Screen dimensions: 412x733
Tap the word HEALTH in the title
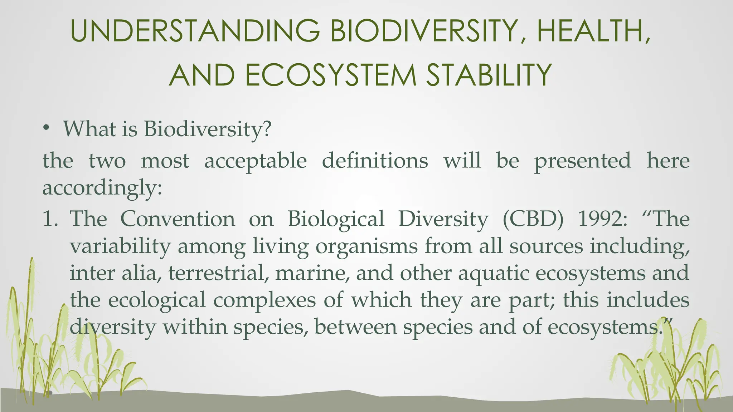point(592,31)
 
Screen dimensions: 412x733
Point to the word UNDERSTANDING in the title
point(195,31)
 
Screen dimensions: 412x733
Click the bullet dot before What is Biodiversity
point(46,129)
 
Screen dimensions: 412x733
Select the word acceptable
point(255,161)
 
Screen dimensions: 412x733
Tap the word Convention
point(178,219)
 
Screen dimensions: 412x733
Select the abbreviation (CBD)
point(533,219)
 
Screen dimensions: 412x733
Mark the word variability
point(120,247)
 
